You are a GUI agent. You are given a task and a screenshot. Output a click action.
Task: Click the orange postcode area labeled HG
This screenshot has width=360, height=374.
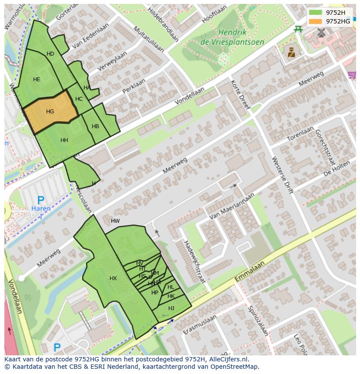(x=50, y=112)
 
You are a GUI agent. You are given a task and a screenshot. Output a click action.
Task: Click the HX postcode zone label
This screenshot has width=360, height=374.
(x=113, y=278)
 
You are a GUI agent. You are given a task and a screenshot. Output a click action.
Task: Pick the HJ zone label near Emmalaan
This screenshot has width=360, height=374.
(x=171, y=308)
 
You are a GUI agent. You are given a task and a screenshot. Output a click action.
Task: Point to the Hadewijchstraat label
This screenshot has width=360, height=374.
(x=193, y=262)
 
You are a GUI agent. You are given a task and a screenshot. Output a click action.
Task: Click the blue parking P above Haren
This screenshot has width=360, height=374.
(x=40, y=200)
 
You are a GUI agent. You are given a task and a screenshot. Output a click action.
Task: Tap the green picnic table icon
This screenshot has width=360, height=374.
(x=298, y=29)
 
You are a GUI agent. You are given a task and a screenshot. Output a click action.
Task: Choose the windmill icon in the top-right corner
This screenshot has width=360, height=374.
(x=321, y=32)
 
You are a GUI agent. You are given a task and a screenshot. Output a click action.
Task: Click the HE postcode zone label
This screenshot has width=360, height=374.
(x=37, y=79)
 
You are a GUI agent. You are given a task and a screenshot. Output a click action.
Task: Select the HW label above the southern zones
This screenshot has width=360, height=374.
(x=115, y=221)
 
